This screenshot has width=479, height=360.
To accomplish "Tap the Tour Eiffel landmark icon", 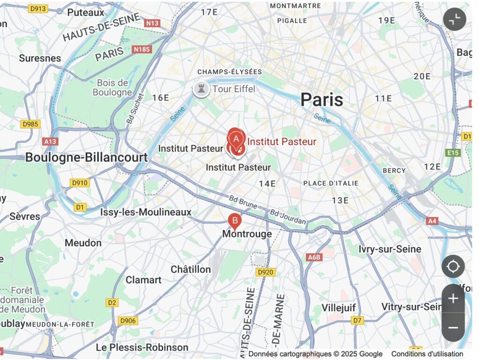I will (x=201, y=89).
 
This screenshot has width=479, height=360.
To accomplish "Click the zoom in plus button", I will (x=453, y=298).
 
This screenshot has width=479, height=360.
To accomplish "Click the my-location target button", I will (x=453, y=266).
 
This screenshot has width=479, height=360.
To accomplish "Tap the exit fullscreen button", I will (x=454, y=20).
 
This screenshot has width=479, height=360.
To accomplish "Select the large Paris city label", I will (x=321, y=100).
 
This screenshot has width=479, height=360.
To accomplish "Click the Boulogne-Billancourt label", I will (x=86, y=157).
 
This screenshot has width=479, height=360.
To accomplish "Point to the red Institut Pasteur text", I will (x=282, y=142).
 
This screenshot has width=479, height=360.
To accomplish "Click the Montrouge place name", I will (x=247, y=234).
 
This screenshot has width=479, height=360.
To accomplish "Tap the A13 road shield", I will (x=49, y=141).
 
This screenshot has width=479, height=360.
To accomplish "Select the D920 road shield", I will (x=266, y=272).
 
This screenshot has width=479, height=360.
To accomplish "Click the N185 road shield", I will (x=142, y=49).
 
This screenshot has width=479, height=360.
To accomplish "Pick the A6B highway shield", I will (x=314, y=257).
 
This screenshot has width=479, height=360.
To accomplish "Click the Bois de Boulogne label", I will (x=112, y=87).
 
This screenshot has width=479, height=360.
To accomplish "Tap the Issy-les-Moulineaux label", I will (x=145, y=212).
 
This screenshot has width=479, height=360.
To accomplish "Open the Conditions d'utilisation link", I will (x=427, y=354).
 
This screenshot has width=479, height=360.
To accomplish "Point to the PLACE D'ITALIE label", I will (x=331, y=183).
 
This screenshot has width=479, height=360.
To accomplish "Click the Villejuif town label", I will (x=339, y=308).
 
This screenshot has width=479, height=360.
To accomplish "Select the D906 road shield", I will (x=128, y=320).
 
